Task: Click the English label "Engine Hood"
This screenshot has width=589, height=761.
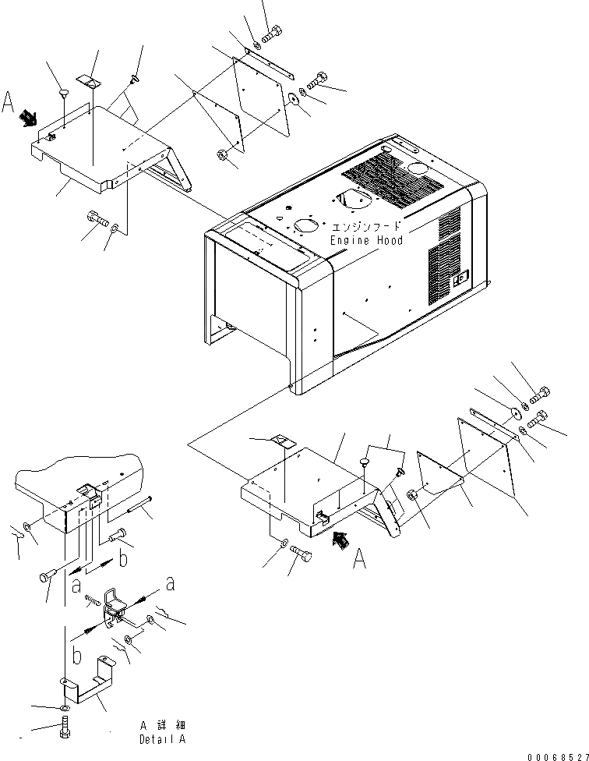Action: click(x=365, y=240)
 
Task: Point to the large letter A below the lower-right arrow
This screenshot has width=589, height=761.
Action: click(x=359, y=558)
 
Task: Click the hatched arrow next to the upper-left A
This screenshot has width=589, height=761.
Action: click(x=30, y=118)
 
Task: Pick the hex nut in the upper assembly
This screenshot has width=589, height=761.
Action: click(x=220, y=154)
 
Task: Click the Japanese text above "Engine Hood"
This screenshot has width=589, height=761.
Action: click(x=365, y=226)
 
